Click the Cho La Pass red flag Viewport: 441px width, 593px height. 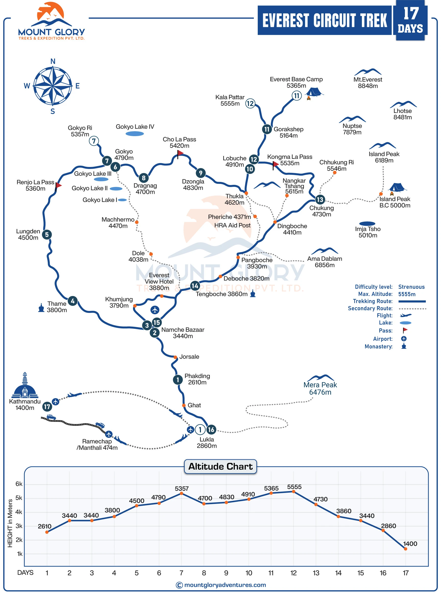tap(180, 153)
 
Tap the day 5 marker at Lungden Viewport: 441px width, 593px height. tap(47, 235)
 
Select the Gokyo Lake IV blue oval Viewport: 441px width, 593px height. tap(135, 134)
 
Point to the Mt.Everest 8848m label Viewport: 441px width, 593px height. tap(367, 83)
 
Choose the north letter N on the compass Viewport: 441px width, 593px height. tap(53, 61)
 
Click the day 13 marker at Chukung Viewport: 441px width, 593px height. tap(319, 200)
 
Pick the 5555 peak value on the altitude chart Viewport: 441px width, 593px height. tap(294, 487)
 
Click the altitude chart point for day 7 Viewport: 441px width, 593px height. tap(182, 494)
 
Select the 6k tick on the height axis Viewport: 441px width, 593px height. tap(19, 484)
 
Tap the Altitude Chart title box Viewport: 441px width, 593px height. tap(220, 466)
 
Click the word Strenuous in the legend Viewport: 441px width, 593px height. tap(411, 287)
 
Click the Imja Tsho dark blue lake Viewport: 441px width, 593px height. tap(367, 224)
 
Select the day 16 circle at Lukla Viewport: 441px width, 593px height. tap(211, 429)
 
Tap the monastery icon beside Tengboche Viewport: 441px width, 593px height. tap(253, 294)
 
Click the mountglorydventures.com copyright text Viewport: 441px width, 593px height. tap(225, 585)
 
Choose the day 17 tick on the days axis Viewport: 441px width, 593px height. tap(405, 573)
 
